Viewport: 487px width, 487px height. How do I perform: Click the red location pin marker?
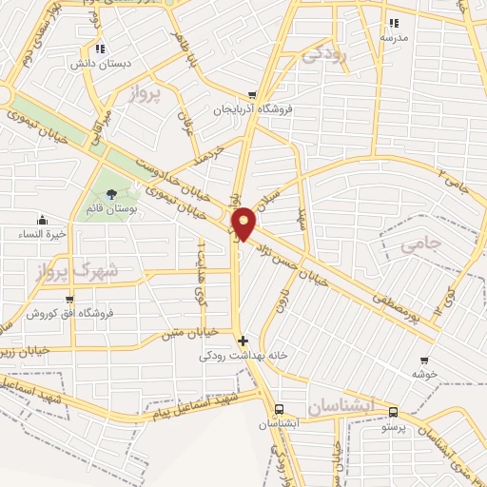(x=244, y=223)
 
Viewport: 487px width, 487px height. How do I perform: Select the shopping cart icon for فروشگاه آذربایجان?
(x=252, y=95)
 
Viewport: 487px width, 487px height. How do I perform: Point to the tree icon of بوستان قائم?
(x=112, y=194)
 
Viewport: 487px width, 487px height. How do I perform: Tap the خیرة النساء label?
(x=43, y=233)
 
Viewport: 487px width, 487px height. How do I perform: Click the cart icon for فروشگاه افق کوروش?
(x=69, y=300)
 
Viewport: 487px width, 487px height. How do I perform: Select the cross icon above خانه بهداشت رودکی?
(x=243, y=340)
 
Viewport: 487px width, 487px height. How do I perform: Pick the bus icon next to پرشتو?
(x=394, y=414)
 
